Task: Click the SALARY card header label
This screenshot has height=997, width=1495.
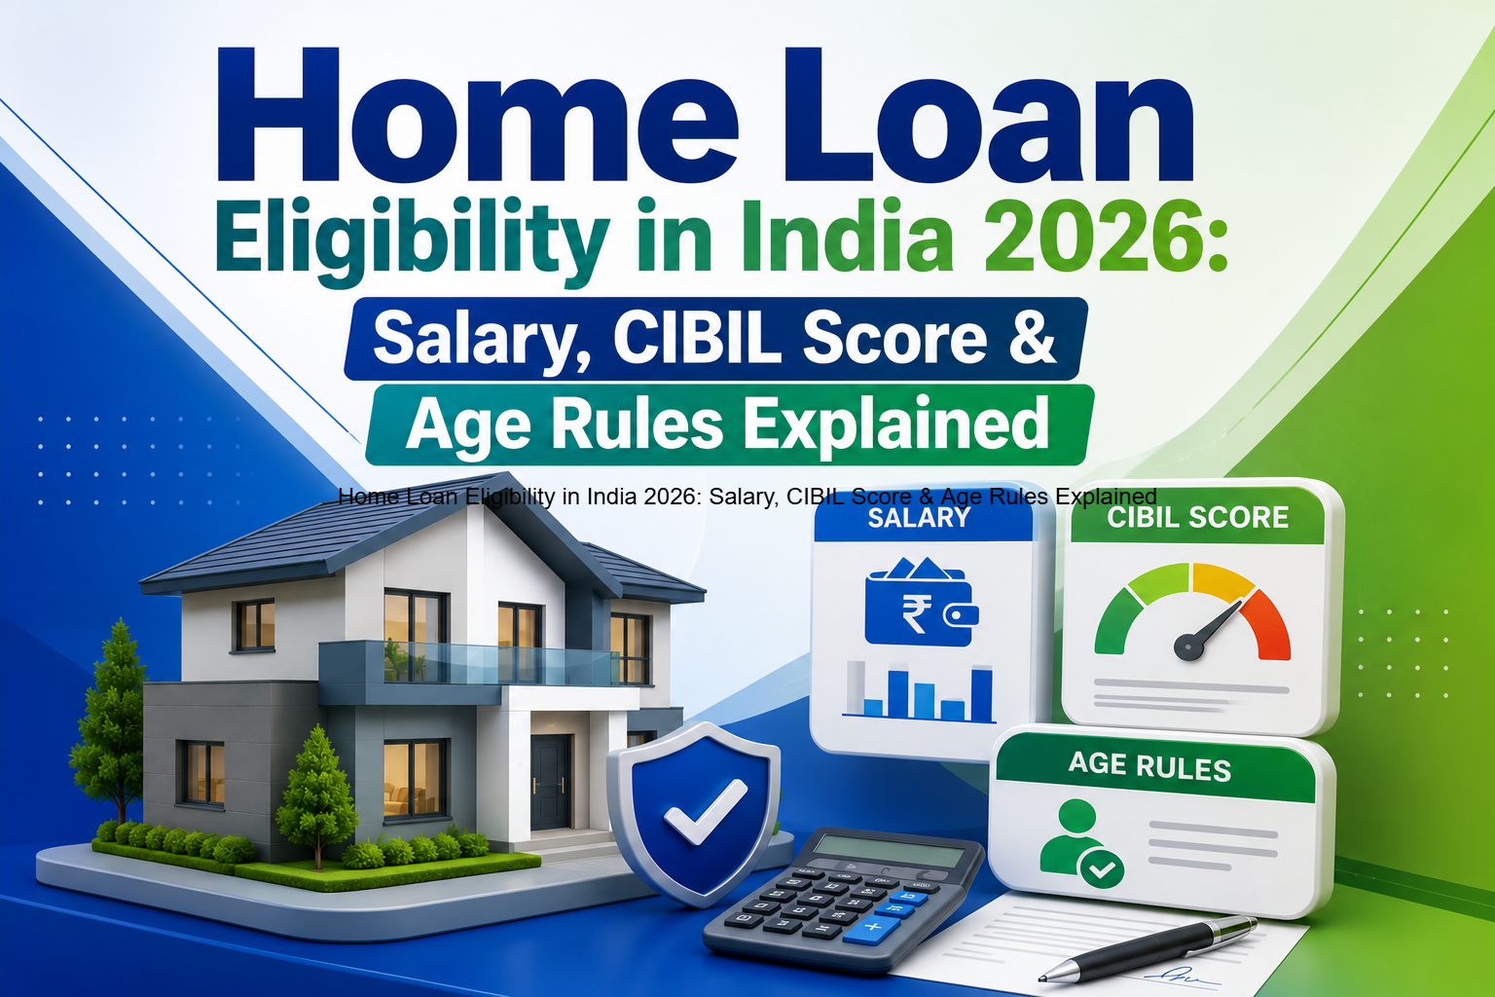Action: (919, 518)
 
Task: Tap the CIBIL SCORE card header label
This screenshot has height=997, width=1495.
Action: (1197, 518)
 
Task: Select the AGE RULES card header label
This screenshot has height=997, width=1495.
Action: (1149, 766)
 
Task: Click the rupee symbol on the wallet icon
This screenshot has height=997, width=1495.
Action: (915, 614)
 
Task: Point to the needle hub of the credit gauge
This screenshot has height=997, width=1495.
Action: (1188, 646)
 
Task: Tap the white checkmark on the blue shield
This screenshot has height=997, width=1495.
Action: (704, 812)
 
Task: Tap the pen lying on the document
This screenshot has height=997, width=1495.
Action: (1148, 949)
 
